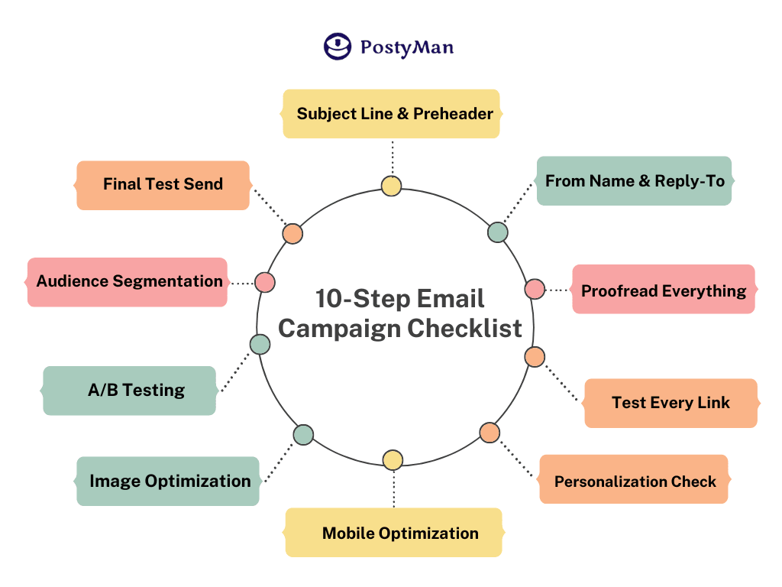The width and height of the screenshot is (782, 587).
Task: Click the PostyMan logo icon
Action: click(x=337, y=47)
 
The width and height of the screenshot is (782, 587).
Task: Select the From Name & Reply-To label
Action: click(x=635, y=181)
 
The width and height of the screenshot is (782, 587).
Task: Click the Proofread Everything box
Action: click(x=664, y=290)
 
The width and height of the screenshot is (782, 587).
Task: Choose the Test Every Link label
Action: click(x=671, y=403)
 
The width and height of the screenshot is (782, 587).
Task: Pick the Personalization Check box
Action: click(x=635, y=481)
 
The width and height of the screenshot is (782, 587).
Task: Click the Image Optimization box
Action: click(x=169, y=481)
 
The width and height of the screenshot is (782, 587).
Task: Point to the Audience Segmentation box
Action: click(x=128, y=281)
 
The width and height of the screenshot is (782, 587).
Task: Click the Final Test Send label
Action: click(x=163, y=184)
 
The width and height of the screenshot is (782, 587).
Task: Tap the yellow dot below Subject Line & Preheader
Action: click(x=391, y=186)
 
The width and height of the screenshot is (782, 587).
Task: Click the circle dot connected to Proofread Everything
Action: click(x=535, y=289)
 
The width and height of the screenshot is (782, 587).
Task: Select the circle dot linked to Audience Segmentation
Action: click(x=265, y=282)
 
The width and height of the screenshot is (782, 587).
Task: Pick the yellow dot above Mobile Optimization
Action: click(x=393, y=459)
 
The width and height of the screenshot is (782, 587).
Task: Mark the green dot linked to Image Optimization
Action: click(x=303, y=435)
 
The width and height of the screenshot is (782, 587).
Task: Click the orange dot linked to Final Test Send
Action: click(x=292, y=234)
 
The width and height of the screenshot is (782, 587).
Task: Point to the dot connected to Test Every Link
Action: click(x=535, y=357)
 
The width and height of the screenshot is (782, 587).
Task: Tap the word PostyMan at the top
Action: click(x=407, y=47)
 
